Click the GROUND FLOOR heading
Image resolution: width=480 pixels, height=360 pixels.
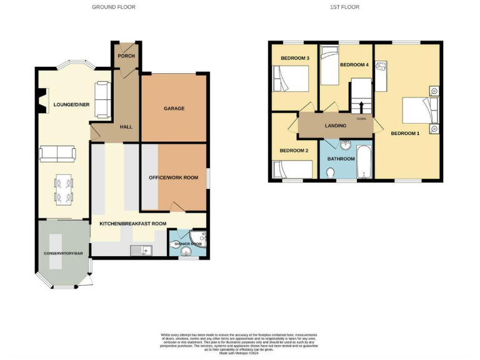point(113,7)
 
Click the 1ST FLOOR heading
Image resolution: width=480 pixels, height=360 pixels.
point(344,7)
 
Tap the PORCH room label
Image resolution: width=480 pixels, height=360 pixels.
point(126,56)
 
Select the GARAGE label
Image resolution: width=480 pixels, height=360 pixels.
point(174,108)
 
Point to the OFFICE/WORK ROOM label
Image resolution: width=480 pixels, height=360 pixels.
point(173,177)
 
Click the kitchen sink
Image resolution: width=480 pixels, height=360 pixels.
point(142,250)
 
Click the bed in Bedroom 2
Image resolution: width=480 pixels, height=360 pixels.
point(293,169)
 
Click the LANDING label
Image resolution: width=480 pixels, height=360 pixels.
point(336,126)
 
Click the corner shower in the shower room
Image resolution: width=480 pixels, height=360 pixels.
point(199,237)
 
